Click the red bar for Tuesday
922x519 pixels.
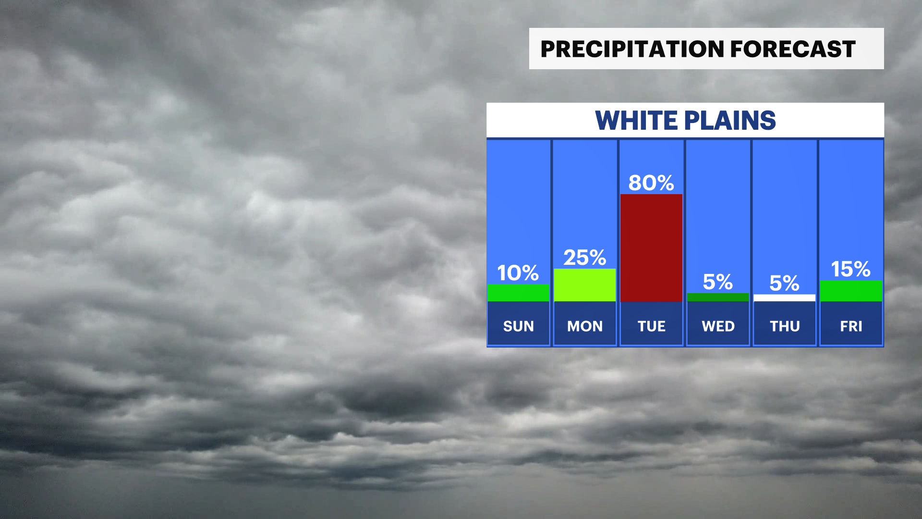coord(651,248)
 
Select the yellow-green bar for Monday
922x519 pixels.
coord(584,285)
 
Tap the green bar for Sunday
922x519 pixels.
coord(518,293)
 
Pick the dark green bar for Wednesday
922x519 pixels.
coord(718,297)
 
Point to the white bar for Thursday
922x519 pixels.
coord(784,298)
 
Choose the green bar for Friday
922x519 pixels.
coord(851,291)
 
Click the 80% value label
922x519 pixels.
coord(651,183)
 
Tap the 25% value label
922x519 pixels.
coord(584,258)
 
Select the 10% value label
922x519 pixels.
coord(518,273)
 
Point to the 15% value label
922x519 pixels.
coord(850,269)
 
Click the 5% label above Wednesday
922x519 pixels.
coord(718,282)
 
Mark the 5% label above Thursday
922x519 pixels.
coord(784,283)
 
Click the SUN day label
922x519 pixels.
coord(519,326)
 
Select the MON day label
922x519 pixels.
coord(585,326)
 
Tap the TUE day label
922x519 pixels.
coord(652,326)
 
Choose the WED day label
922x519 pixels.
coord(718,326)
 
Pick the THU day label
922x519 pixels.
coord(785,326)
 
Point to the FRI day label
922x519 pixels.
coord(851,326)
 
